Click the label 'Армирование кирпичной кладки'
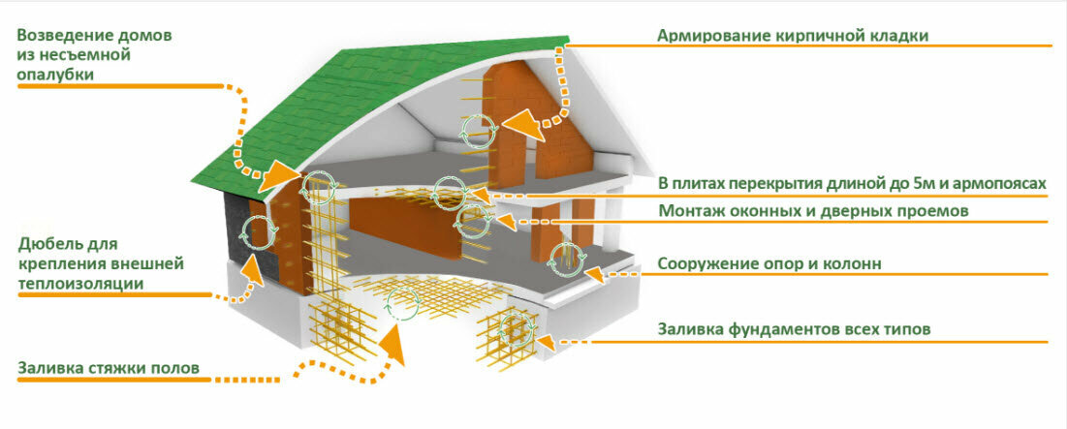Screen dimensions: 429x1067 point(793,36)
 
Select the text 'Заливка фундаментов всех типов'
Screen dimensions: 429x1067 point(795,329)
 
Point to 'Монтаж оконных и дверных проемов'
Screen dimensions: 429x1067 point(814,210)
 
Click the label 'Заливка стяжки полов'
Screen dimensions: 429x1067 point(109,368)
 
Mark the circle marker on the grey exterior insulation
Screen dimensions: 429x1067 point(258,233)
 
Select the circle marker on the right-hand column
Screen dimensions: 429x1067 point(566,259)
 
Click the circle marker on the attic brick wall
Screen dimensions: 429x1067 point(476,133)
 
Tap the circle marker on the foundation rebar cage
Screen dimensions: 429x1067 point(513,330)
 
